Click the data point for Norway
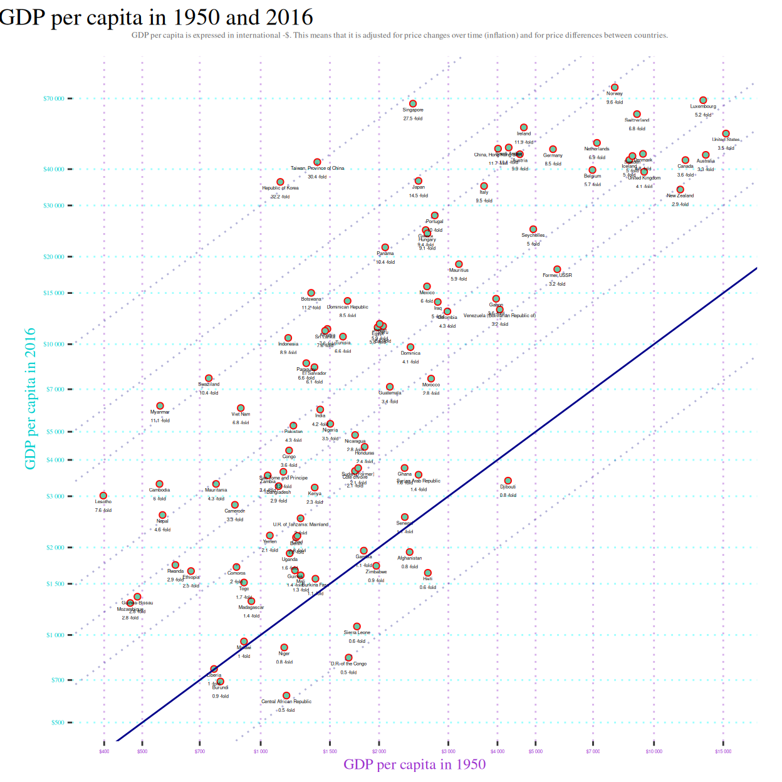pyautogui.click(x=615, y=88)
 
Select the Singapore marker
pyautogui.click(x=413, y=104)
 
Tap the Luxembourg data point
pyautogui.click(x=703, y=100)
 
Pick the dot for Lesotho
pyautogui.click(x=103, y=496)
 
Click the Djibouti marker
pyautogui.click(x=508, y=481)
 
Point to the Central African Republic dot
pyautogui.click(x=286, y=696)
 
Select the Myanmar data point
pyautogui.click(x=160, y=406)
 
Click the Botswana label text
pyautogui.click(x=311, y=299)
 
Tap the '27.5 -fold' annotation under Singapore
pyautogui.click(x=413, y=118)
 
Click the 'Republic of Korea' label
pyautogui.click(x=280, y=188)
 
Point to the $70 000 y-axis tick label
pyautogui.click(x=54, y=98)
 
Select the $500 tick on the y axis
pyautogui.click(x=58, y=722)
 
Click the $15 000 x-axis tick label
pyautogui.click(x=723, y=751)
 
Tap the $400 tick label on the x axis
pyautogui.click(x=104, y=751)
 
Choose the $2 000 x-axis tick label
pyautogui.click(x=379, y=751)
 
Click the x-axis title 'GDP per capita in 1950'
pyautogui.click(x=415, y=764)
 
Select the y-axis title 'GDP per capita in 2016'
pyautogui.click(x=30, y=399)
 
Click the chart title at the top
pyautogui.click(x=157, y=17)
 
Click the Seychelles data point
pyautogui.click(x=533, y=229)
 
